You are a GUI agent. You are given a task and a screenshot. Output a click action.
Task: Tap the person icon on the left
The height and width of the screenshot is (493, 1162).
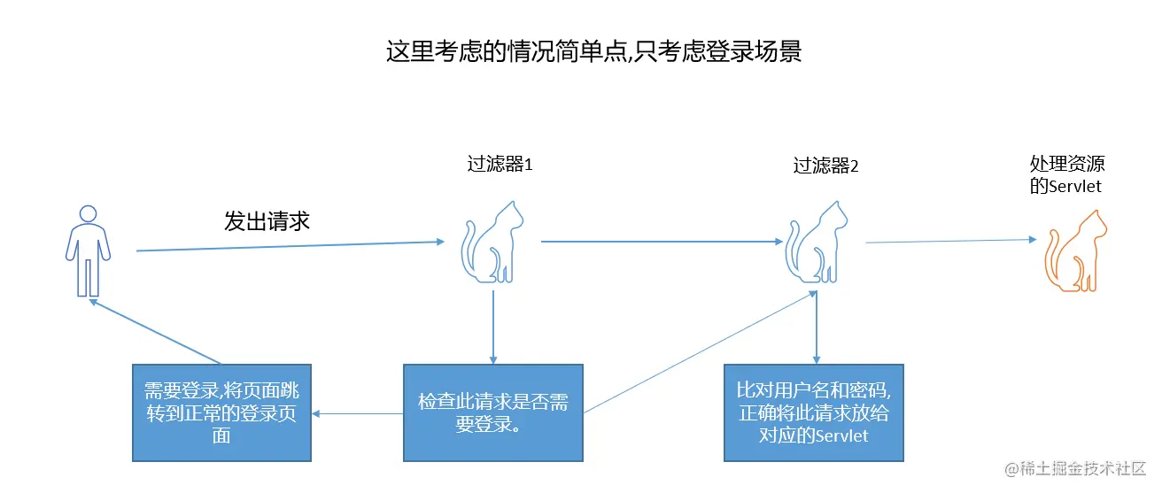(88, 250)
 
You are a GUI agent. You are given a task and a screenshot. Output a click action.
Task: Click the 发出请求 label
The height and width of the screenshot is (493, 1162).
(267, 221)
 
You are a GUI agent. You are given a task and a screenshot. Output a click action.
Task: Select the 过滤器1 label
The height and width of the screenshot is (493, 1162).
(500, 165)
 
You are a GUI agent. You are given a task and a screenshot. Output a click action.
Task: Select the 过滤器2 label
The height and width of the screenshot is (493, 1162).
(825, 166)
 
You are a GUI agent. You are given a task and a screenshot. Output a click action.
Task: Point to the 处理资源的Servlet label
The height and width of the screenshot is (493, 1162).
(1067, 174)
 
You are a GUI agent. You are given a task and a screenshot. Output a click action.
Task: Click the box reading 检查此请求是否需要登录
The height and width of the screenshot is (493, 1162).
(493, 412)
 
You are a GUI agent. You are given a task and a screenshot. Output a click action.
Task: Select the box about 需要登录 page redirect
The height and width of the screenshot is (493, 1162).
(222, 412)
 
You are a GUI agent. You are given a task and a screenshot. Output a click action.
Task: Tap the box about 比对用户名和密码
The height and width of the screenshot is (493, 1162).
(814, 412)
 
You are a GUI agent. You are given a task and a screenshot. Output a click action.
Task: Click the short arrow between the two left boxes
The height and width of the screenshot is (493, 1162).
(358, 413)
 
